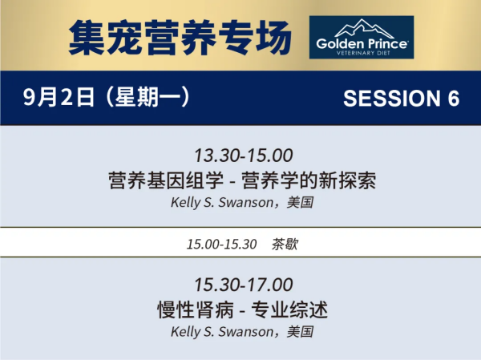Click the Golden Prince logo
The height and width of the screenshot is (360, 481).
(362, 37)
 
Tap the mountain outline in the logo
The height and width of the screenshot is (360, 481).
(364, 28)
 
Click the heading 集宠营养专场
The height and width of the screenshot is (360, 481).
(180, 38)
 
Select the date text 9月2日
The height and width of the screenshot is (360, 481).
(59, 97)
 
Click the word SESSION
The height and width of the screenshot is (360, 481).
(392, 99)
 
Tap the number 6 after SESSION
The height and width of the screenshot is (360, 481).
(454, 99)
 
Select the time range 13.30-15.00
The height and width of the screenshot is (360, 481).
(244, 156)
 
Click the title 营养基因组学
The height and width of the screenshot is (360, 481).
(166, 180)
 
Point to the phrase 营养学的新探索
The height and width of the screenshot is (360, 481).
(309, 180)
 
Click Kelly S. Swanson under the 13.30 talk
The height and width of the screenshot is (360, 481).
(222, 203)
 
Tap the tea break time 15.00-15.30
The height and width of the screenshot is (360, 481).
(221, 245)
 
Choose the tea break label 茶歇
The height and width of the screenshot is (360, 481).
(285, 245)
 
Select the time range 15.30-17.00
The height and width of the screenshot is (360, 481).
(244, 285)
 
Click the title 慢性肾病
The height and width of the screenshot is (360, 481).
(196, 309)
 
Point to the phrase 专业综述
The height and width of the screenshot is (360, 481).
(289, 309)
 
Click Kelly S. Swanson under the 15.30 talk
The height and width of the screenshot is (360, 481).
(222, 332)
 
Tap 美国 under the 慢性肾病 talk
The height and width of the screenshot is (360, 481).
(300, 332)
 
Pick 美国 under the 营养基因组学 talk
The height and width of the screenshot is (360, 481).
(300, 203)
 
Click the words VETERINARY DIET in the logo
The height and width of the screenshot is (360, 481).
(363, 53)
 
